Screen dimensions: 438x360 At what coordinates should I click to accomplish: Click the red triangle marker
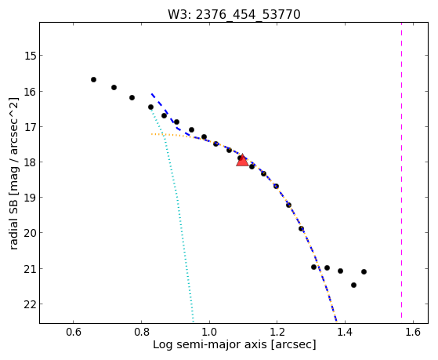tap(242, 160)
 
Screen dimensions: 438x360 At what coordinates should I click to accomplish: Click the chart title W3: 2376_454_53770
tap(234, 14)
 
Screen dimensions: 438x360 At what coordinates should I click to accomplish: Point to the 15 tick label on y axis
tap(31, 56)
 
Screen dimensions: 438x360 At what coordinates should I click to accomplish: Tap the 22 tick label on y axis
tap(31, 304)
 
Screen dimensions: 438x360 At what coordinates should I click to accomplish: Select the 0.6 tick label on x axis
tap(74, 332)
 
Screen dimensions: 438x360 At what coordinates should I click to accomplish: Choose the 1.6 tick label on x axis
tap(413, 332)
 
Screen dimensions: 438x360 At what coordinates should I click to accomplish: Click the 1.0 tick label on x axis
tap(209, 332)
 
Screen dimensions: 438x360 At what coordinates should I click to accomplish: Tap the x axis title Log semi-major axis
tap(210, 344)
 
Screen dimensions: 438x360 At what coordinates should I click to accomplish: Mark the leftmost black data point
tap(93, 80)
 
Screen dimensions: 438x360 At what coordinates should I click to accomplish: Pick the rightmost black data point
tap(364, 271)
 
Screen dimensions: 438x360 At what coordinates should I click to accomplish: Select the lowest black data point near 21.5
tap(353, 285)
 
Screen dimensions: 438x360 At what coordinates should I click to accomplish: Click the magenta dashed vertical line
tap(402, 170)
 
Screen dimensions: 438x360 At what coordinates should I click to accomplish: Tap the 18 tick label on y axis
tap(31, 162)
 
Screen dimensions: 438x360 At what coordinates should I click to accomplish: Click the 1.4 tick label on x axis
tap(345, 332)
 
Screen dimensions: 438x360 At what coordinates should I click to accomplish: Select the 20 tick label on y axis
tap(31, 233)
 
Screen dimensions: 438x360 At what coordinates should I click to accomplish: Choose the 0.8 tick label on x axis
tap(141, 332)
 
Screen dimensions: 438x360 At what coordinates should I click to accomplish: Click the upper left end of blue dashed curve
tap(152, 94)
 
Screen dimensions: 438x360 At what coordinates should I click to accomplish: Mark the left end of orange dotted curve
tap(151, 134)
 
